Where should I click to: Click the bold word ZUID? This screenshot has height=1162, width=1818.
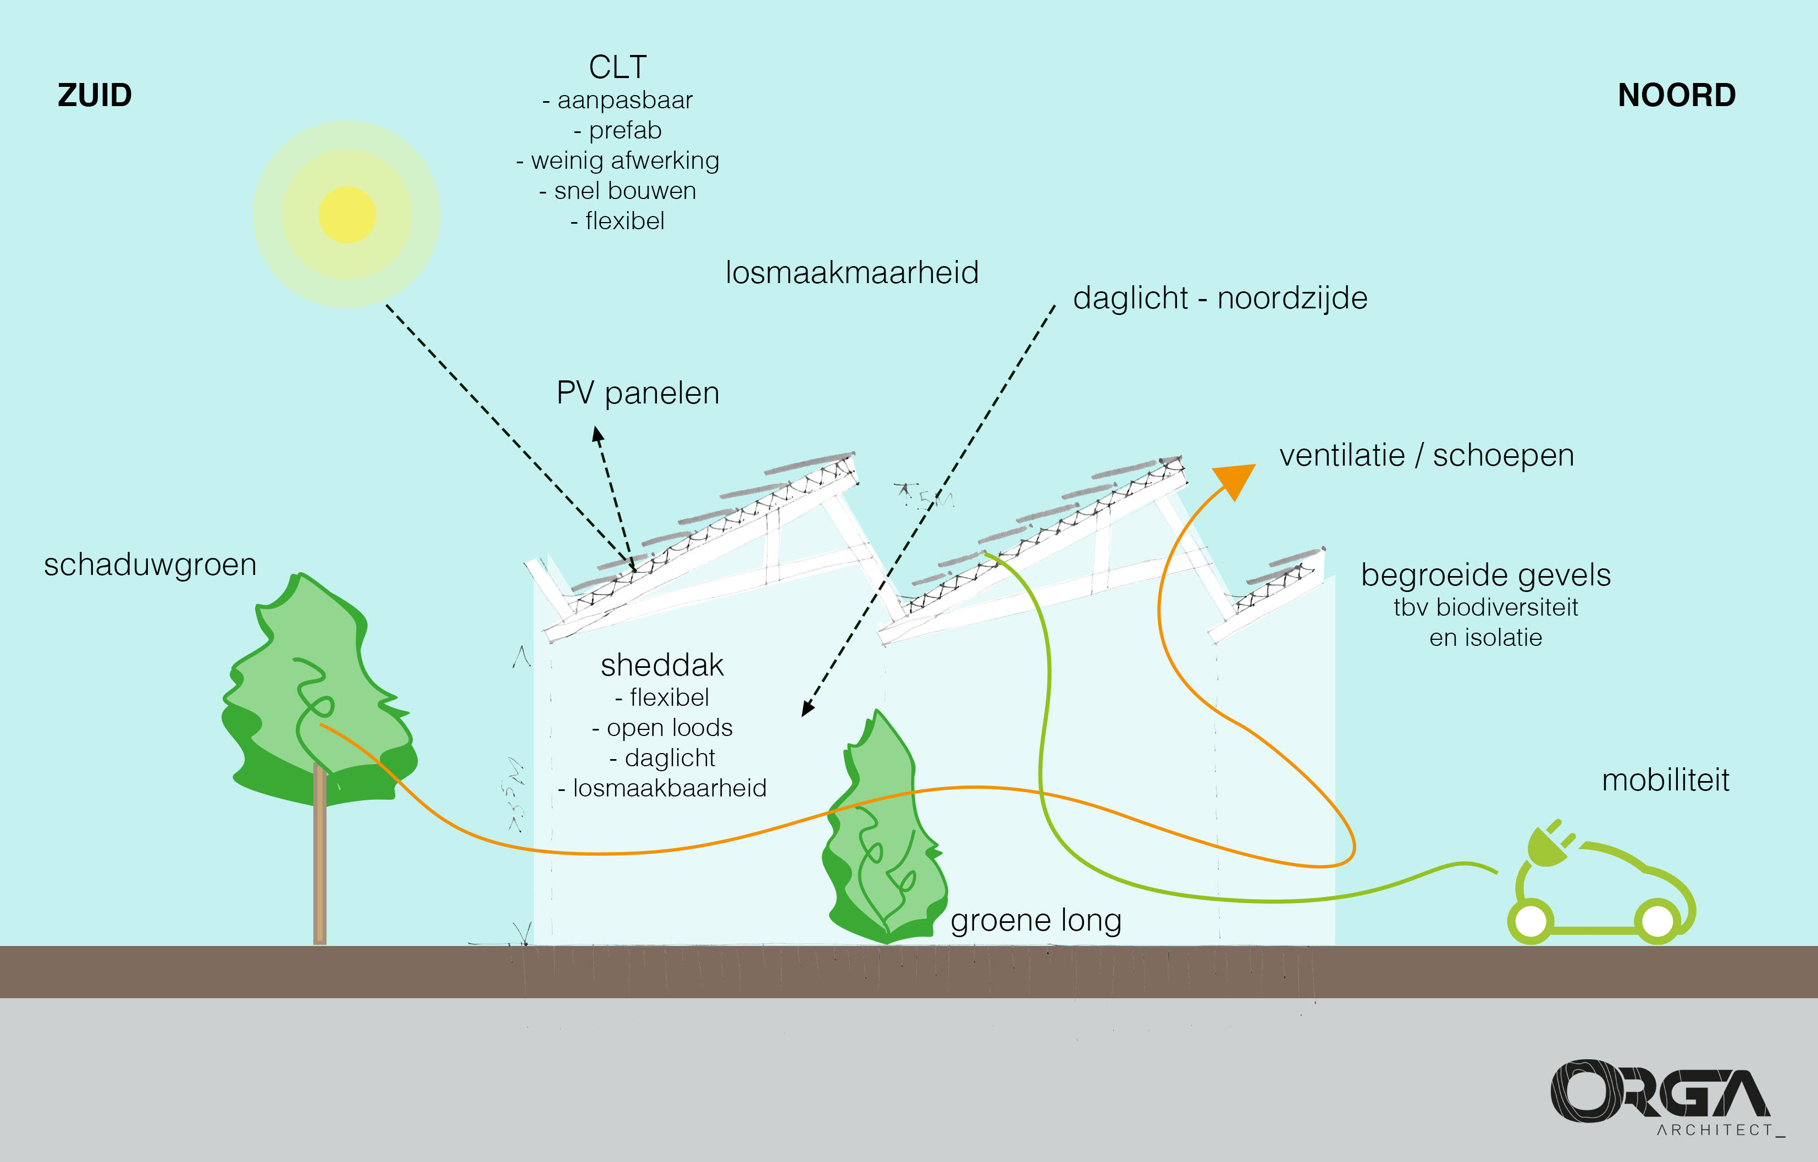pos(95,96)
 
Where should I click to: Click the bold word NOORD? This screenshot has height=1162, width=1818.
pos(1676,96)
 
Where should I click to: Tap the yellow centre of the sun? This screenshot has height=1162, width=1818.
pos(347,215)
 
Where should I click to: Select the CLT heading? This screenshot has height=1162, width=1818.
pos(617,67)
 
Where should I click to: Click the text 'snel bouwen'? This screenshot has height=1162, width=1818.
pos(617,191)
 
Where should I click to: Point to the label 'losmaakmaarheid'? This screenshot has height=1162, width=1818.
pos(852,273)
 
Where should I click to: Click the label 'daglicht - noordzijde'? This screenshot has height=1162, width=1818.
pos(1220,298)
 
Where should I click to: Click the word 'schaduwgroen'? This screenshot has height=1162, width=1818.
pos(150,565)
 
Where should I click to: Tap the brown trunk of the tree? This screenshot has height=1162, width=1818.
pos(319,868)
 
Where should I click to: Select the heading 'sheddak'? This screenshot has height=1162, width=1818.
pos(662,665)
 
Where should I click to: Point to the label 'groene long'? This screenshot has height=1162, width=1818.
pos(1036,920)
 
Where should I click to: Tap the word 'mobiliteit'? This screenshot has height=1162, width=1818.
pos(1665,780)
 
